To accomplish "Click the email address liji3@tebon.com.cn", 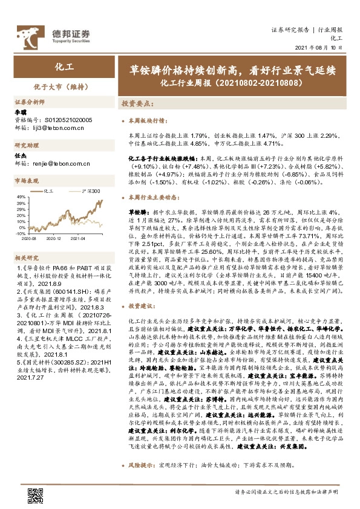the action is click(x=51, y=128).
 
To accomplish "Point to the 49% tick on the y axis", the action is click(x=20, y=196).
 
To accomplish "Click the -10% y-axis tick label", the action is click(x=20, y=232).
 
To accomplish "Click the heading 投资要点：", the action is click(x=136, y=104).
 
